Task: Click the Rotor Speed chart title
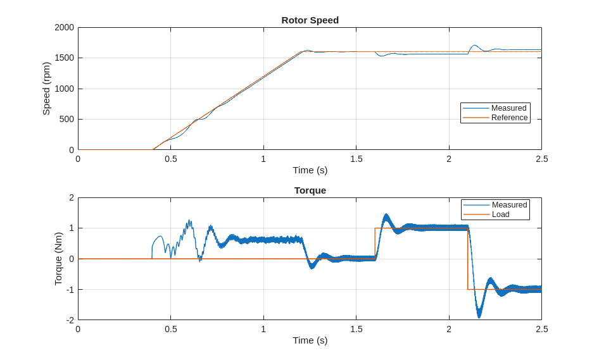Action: (x=310, y=20)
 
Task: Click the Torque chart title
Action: (x=310, y=190)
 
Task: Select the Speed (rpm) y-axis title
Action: (x=46, y=89)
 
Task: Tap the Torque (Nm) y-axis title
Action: (x=58, y=258)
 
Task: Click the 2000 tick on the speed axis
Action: (x=64, y=28)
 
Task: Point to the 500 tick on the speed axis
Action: (x=66, y=120)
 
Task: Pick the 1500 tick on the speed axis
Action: (x=64, y=58)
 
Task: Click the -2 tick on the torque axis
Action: (x=70, y=320)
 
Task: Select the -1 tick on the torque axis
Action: (x=70, y=290)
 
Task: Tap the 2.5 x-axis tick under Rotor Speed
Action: (x=541, y=159)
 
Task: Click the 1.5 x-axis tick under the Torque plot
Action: (x=356, y=329)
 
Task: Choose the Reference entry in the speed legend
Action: (x=509, y=118)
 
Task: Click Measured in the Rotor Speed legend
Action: (x=508, y=108)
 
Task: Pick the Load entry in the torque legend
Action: (x=500, y=214)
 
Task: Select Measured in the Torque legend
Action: (x=509, y=205)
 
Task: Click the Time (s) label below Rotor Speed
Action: (x=310, y=170)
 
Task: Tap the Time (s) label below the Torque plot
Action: (x=310, y=340)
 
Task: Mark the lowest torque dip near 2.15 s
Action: (x=479, y=316)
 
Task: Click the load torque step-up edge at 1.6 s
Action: (x=375, y=244)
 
